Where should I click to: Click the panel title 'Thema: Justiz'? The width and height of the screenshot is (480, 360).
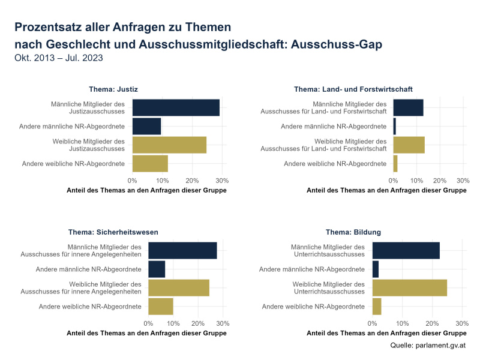[x=113, y=89]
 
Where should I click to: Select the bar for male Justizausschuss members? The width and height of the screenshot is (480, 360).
[x=176, y=107]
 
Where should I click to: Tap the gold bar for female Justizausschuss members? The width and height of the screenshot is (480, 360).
[x=169, y=145]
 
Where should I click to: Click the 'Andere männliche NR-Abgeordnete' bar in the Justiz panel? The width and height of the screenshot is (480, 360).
[x=146, y=126]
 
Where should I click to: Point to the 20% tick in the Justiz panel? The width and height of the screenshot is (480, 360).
[x=192, y=180]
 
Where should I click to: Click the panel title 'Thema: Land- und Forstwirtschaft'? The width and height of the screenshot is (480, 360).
[x=353, y=89]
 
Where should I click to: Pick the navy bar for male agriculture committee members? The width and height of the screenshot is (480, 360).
[x=409, y=107]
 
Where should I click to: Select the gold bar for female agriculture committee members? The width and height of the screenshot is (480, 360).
[x=409, y=145]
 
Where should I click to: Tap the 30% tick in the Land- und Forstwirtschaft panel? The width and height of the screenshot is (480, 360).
[x=463, y=180]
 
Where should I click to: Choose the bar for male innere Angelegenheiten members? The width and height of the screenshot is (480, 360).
[x=182, y=250]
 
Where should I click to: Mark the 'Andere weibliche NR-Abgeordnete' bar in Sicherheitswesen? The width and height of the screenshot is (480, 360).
[x=161, y=306]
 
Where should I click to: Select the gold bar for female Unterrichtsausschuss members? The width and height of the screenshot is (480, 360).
[x=410, y=287]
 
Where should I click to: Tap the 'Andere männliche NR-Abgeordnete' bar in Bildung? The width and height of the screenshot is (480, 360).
[x=376, y=269]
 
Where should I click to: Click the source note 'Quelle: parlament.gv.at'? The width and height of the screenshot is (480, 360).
[x=428, y=346]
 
